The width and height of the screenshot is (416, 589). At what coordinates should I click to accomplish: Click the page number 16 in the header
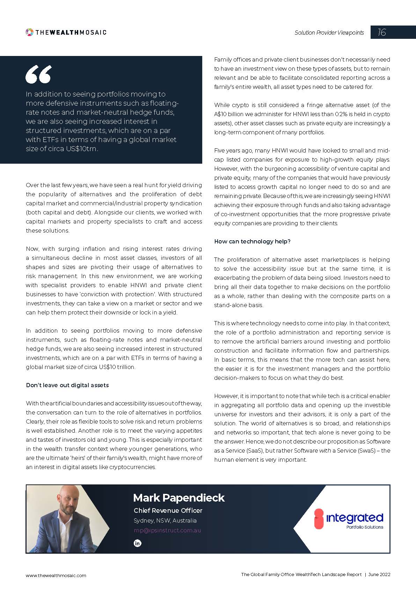point(382,33)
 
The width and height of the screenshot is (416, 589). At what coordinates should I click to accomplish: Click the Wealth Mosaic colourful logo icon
point(30,32)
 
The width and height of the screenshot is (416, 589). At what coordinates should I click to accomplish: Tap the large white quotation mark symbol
point(38,74)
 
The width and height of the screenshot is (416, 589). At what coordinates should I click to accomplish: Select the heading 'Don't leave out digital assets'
point(67,385)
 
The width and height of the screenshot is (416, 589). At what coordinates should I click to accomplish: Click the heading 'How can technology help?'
point(252,241)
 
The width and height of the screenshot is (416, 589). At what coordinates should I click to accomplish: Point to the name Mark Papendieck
point(179,498)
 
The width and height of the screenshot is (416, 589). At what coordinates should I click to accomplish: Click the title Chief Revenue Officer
point(168,510)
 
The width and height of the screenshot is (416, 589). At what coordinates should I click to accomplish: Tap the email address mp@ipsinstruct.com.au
point(167,530)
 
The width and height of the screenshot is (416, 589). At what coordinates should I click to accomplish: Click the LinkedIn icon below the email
point(138,543)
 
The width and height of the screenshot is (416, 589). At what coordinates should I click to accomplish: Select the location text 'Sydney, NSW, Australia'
point(165,520)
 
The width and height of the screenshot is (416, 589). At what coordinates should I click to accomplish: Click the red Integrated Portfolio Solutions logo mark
point(319,519)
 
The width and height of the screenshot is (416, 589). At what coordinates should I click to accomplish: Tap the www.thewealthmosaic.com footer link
point(56,575)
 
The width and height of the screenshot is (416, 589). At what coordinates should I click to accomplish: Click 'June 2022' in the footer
point(379,574)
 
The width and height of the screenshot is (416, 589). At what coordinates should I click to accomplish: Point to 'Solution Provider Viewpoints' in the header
point(329,33)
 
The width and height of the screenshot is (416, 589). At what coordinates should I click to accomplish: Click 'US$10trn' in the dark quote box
point(82,149)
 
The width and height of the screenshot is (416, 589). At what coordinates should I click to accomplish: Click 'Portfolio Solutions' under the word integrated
point(365,527)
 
